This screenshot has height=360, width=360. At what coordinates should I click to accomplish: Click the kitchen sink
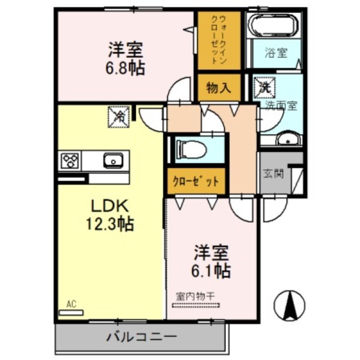112,160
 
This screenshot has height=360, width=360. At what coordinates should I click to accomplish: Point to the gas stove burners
70,160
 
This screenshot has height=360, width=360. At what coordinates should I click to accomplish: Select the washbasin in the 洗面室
288,140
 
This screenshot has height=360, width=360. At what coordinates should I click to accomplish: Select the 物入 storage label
219,88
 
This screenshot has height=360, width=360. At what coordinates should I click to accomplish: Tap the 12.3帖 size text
109,224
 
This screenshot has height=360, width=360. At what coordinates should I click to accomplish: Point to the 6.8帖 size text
126,68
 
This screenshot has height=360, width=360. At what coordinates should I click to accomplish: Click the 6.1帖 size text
212,271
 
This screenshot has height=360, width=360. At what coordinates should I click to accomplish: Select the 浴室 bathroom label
275,53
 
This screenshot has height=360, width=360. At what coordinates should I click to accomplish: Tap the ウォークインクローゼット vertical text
219,40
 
